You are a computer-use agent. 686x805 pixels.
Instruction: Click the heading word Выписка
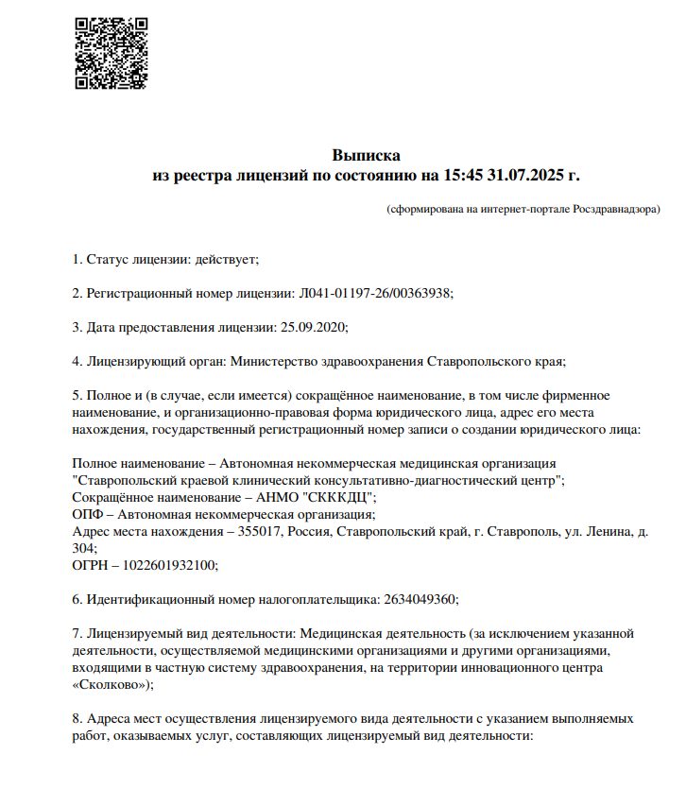coord(366,155)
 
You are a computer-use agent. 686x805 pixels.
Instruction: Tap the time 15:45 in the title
coord(461,175)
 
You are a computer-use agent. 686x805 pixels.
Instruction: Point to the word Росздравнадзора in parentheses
coord(615,208)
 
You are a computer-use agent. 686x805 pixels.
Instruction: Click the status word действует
coord(225,259)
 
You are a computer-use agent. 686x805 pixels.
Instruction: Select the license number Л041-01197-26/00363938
coord(375,293)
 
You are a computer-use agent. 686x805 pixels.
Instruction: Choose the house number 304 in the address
coord(83,548)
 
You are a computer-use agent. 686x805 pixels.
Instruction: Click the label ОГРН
coord(92,565)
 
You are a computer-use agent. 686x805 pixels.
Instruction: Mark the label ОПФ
coord(88,514)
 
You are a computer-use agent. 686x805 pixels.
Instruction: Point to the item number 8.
coord(77,719)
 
